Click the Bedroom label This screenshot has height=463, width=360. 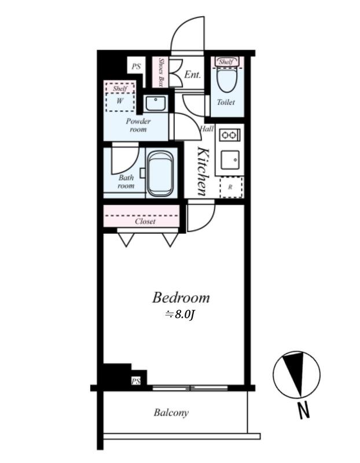(x=181, y=297)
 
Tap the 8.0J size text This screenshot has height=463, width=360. (x=179, y=315)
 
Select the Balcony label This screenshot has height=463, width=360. (x=171, y=413)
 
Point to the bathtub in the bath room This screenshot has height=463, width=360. (x=160, y=174)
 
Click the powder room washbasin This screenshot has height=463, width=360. (x=156, y=103)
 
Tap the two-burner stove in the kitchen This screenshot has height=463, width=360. (x=229, y=135)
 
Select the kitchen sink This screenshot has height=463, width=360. (x=230, y=160)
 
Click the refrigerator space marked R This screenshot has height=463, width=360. (x=232, y=188)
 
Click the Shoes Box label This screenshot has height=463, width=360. (x=161, y=72)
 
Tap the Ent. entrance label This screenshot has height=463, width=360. (x=192, y=75)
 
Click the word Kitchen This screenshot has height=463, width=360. (x=204, y=171)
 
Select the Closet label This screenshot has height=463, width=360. (x=145, y=221)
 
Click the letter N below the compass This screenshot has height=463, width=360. (x=303, y=410)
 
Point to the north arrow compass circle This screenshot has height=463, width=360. (x=296, y=374)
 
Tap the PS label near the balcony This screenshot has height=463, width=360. (x=136, y=381)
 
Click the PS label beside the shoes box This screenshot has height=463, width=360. (x=136, y=67)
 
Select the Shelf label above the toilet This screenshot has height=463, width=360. (x=226, y=62)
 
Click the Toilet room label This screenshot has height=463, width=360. (x=226, y=102)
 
